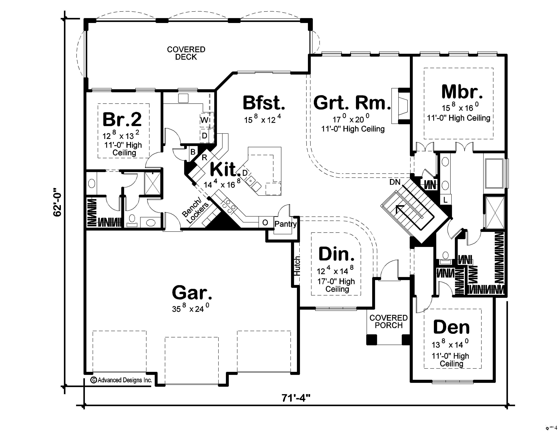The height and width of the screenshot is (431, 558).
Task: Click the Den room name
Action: tap(451, 327)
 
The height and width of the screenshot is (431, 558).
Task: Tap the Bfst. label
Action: tap(263, 103)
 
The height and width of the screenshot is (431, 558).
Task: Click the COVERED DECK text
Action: tap(186, 53)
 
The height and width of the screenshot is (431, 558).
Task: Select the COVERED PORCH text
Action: tap(388, 321)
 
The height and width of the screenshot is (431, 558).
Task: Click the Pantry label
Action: tap(285, 224)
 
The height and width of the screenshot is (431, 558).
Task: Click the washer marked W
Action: tap(204, 120)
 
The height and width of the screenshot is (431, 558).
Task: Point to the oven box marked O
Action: tap(265, 223)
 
